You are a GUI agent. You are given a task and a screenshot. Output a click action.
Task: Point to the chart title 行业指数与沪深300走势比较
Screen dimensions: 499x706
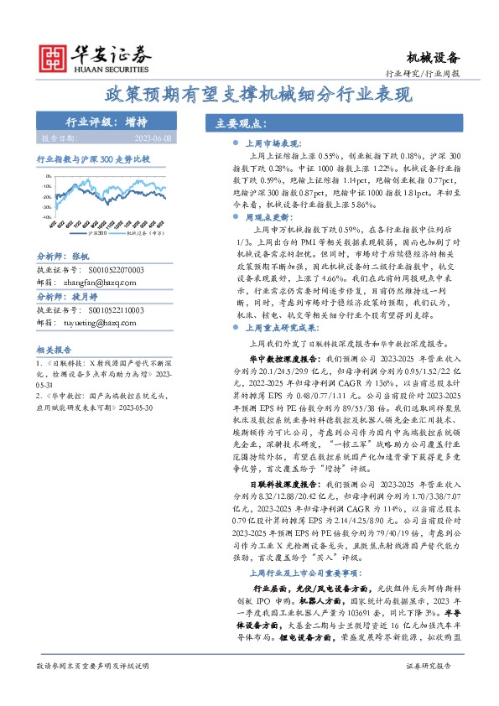coord(93,158)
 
